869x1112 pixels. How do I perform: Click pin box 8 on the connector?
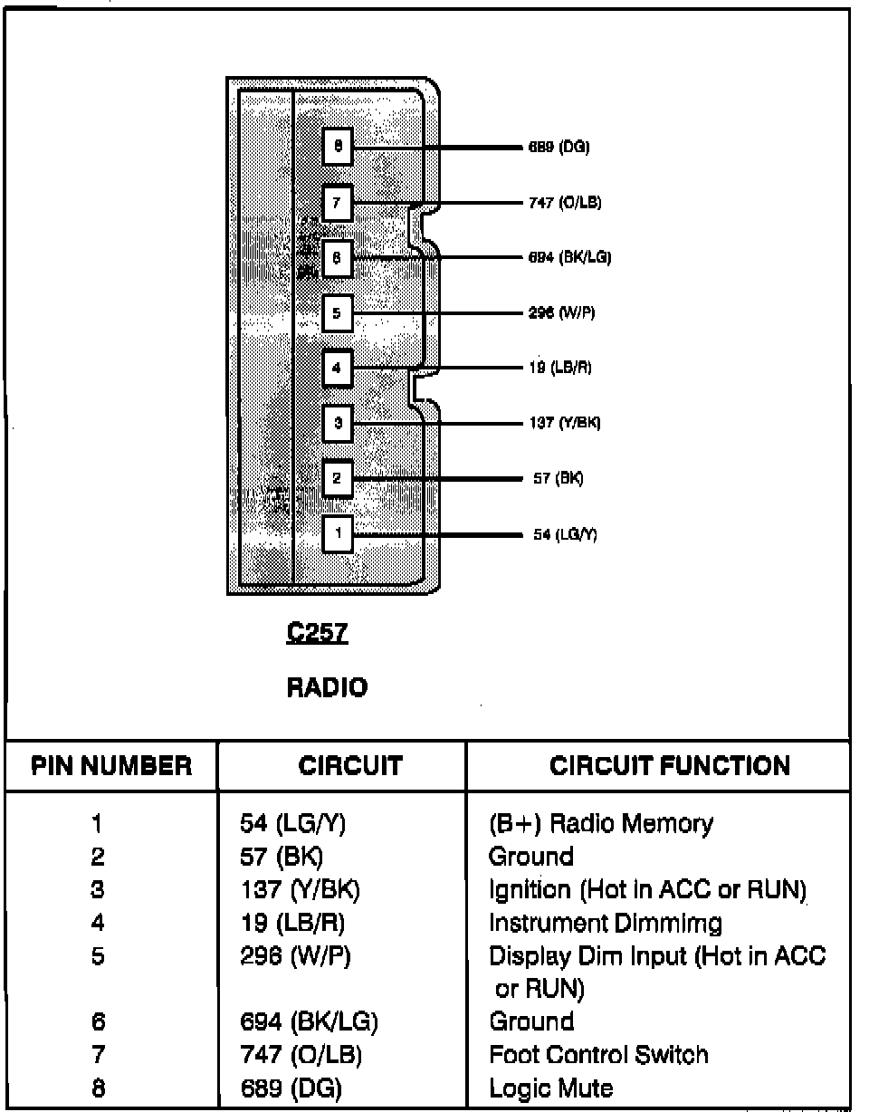click(x=337, y=146)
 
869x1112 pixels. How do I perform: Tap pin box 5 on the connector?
click(x=337, y=314)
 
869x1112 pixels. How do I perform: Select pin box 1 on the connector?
click(x=337, y=533)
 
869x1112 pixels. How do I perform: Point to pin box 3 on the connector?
click(x=337, y=423)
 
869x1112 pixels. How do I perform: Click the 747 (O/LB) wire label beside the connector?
click(x=565, y=203)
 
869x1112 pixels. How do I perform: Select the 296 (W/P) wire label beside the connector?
click(x=561, y=313)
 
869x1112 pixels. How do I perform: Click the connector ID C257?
click(x=317, y=633)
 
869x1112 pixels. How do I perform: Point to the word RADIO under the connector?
click(x=327, y=688)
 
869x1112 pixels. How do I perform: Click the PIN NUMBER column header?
click(x=112, y=766)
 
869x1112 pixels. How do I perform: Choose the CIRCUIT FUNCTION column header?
click(x=669, y=766)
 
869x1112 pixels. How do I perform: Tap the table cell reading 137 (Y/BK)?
click(x=300, y=890)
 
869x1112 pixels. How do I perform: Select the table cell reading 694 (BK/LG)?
click(x=309, y=1022)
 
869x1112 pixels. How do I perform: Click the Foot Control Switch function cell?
click(x=598, y=1055)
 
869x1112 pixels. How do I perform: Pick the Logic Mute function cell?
click(x=550, y=1088)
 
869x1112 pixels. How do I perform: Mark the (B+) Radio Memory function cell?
click(x=600, y=824)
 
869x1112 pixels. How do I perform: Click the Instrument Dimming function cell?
click(x=605, y=924)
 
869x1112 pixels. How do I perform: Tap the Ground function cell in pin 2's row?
click(x=531, y=857)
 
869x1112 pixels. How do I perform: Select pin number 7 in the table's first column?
click(x=98, y=1055)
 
